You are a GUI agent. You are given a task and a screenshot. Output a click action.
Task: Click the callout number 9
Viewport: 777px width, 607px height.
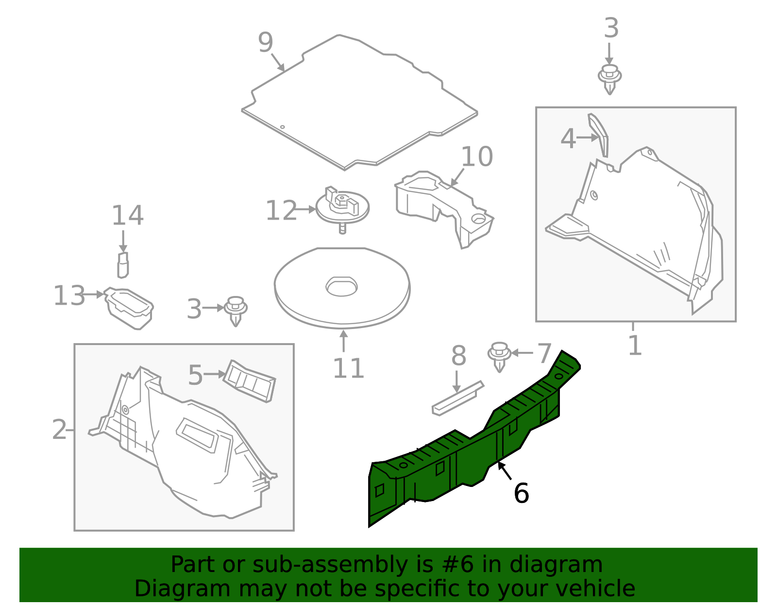265,43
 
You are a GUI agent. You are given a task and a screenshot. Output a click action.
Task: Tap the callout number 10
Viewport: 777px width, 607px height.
477,156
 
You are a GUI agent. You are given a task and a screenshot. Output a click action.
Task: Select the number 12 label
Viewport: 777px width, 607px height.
281,210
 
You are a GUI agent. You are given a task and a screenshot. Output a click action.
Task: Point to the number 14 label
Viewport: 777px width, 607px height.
128,215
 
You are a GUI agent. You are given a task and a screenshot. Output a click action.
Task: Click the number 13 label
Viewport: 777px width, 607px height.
69,295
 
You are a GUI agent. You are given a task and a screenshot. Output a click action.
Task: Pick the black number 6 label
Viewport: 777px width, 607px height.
521,493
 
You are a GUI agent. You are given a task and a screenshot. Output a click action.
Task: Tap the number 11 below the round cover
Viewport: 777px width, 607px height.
349,368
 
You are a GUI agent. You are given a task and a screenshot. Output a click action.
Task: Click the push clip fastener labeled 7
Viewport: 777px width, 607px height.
499,357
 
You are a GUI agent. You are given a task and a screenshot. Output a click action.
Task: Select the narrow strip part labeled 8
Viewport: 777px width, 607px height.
458,398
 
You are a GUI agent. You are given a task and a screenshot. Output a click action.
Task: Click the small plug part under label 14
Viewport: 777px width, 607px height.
123,265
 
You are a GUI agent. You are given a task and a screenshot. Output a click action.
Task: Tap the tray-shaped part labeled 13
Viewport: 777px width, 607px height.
129,308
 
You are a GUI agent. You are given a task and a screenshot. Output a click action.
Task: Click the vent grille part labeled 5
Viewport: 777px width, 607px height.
250,381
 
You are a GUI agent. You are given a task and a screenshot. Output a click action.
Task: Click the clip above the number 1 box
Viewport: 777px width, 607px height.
609,79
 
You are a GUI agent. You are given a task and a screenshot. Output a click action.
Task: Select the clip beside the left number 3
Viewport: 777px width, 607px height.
235,311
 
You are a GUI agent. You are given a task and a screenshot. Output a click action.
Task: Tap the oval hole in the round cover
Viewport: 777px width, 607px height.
341,287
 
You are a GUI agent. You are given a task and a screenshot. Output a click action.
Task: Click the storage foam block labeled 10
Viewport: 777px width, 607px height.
444,209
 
